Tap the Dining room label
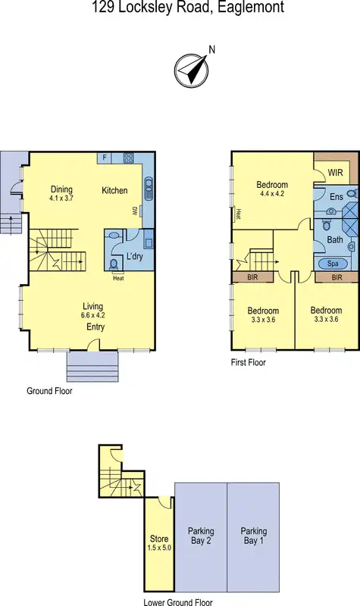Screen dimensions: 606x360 pos(61,189)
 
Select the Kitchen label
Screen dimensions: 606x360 pos(114,190)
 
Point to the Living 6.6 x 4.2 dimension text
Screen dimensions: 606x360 pos(94,317)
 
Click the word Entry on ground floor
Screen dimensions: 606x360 pos(95,327)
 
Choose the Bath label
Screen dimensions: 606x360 pos(334,240)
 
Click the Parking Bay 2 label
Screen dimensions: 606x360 pos(201,536)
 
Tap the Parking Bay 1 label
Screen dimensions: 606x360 pos(254,536)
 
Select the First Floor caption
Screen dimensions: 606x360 pos(248,363)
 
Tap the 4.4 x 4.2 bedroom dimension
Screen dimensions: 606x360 pos(271,193)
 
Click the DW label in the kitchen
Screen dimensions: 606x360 pos(135,210)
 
